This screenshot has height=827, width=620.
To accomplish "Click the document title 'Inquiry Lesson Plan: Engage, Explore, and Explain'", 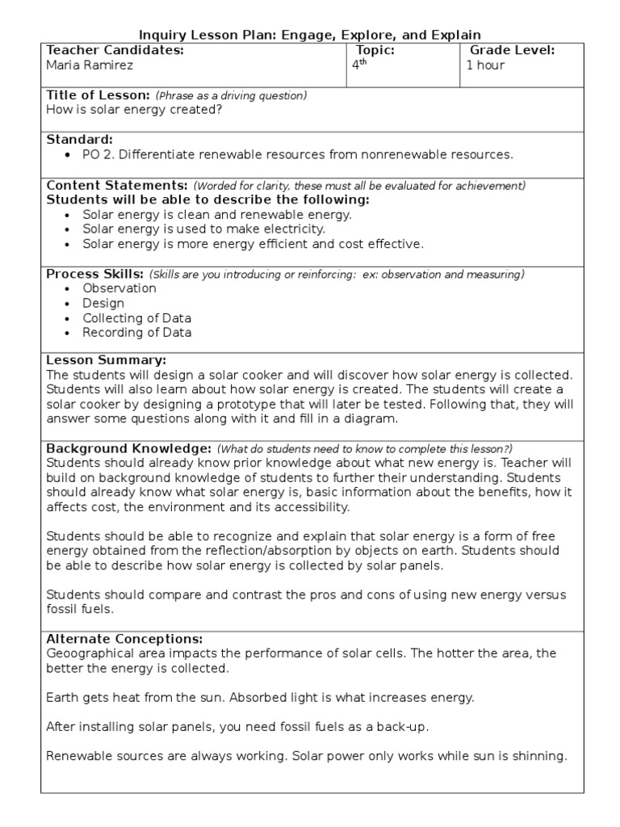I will [310, 35].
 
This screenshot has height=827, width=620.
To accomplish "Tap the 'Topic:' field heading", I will [375, 51].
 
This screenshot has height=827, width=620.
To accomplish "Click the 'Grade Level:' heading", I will [512, 51].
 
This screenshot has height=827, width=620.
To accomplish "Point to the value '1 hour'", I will [485, 65].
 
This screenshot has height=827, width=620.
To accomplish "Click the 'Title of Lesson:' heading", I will [98, 95].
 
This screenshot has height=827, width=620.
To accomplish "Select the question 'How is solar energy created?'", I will [134, 110].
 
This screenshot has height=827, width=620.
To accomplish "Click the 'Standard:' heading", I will [79, 140].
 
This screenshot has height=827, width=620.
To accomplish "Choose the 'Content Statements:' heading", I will [117, 185].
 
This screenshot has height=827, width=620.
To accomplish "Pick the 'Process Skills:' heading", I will [95, 274].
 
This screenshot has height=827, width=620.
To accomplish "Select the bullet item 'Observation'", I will [119, 288].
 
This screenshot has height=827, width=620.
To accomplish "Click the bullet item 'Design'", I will [103, 304].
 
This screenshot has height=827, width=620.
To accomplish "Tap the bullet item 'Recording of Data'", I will [137, 333].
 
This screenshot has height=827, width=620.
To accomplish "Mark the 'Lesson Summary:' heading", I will [107, 360].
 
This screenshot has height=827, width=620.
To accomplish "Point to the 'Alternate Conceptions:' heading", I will [124, 639].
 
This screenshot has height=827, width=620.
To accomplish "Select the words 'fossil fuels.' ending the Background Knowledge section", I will [81, 610].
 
